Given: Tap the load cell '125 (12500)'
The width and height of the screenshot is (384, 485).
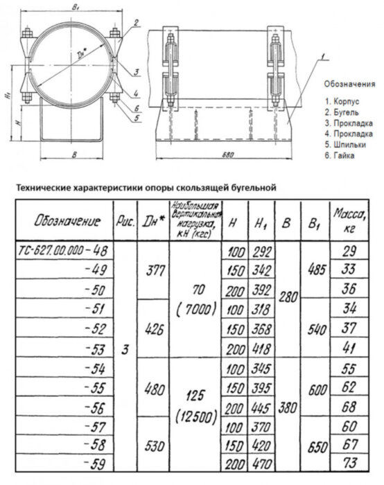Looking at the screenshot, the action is point(194,407).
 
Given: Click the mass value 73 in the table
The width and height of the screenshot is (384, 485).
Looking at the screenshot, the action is point(351,464).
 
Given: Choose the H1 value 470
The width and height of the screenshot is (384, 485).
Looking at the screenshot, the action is point(261,464).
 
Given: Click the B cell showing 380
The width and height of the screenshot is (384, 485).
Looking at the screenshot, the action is point(288,409).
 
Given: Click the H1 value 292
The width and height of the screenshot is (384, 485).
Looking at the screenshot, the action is point(261,250).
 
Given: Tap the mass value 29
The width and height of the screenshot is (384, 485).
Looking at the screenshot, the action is point(351,250).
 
